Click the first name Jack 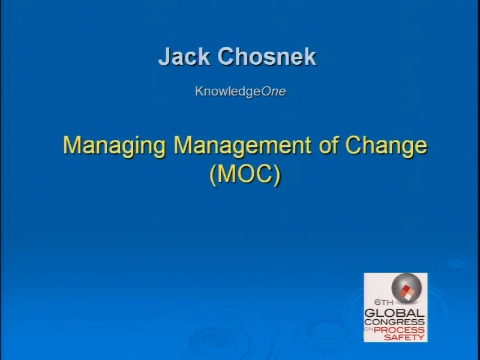tap(184, 56)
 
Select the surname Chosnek tap(266, 56)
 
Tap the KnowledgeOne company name tap(241, 92)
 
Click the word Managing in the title tap(114, 146)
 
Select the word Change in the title tap(386, 146)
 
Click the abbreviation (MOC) tap(245, 175)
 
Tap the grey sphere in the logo tap(407, 288)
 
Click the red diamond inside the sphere tap(406, 289)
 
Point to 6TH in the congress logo tap(383, 302)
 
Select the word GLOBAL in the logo tap(394, 313)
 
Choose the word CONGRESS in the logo tap(394, 322)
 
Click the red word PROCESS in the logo tap(399, 330)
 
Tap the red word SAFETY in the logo tap(404, 337)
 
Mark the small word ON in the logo tap(368, 329)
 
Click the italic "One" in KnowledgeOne tap(274, 91)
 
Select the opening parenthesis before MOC tap(213, 175)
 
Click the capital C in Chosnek tap(226, 56)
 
